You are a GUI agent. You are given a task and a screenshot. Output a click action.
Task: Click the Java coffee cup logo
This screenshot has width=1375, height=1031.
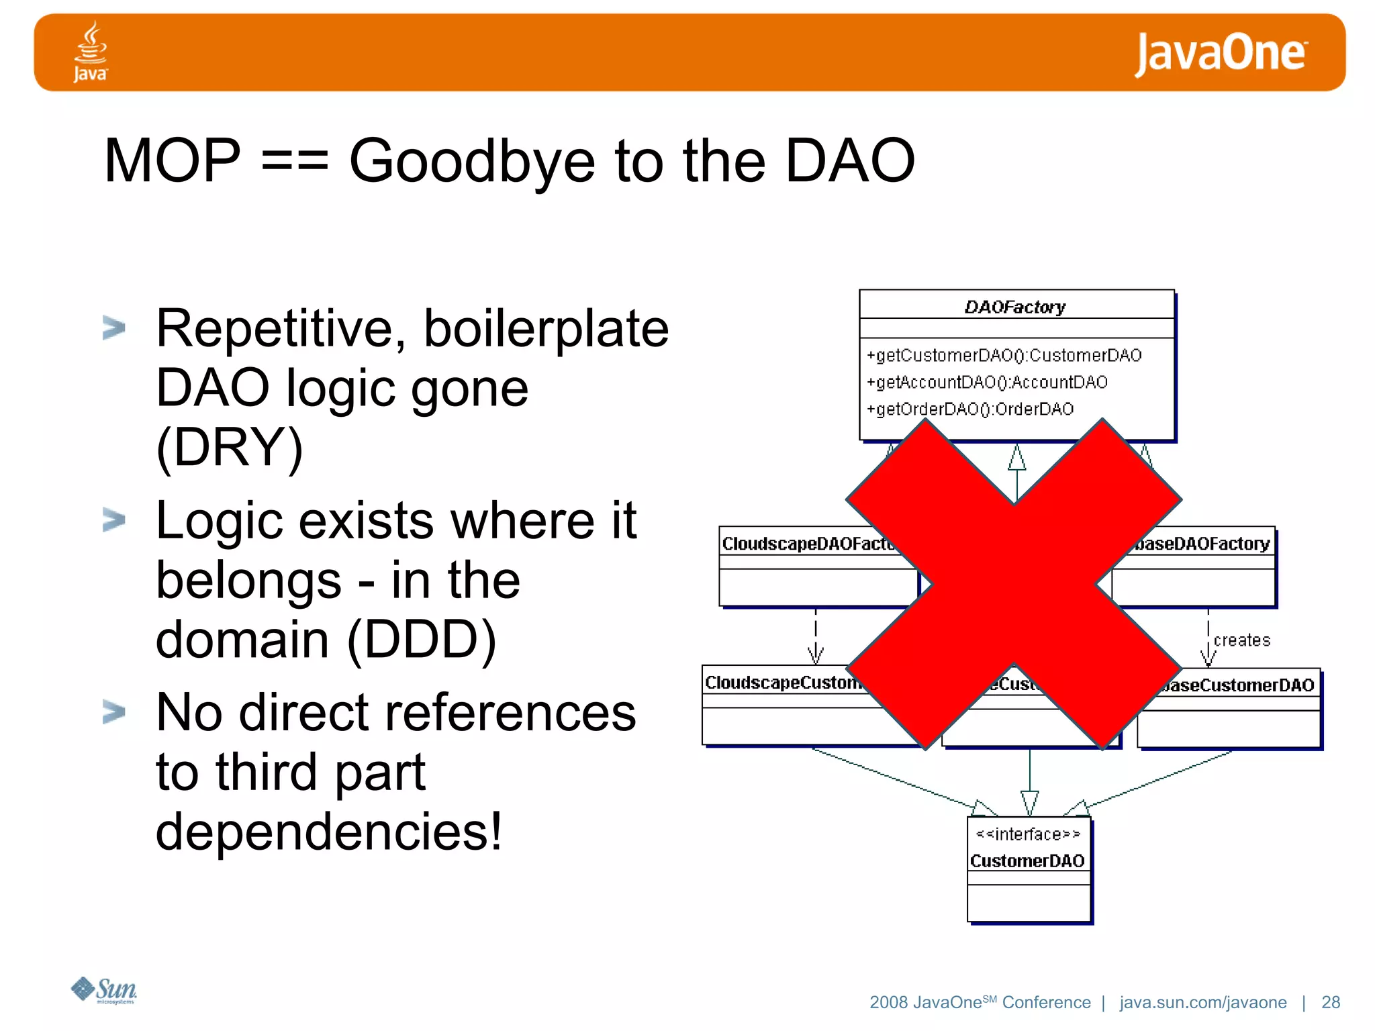(90, 50)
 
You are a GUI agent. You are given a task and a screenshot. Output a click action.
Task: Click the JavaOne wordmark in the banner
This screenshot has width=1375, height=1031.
(1221, 53)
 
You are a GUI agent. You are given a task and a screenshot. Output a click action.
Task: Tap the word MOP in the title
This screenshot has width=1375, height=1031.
(172, 161)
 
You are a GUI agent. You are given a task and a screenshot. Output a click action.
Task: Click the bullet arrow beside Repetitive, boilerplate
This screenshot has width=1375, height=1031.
(113, 328)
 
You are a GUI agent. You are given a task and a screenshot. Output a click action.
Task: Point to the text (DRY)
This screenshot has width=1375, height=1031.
(230, 447)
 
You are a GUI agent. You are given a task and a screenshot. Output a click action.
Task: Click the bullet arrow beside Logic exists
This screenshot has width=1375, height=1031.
(113, 520)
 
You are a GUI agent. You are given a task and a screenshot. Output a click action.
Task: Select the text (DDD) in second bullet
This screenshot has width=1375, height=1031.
(422, 639)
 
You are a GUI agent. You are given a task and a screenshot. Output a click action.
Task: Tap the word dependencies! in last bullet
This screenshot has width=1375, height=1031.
(328, 831)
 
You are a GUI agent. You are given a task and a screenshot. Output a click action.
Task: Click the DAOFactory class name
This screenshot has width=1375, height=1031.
(1014, 307)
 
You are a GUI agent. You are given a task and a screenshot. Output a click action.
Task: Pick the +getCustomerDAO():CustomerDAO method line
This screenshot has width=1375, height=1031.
(1004, 355)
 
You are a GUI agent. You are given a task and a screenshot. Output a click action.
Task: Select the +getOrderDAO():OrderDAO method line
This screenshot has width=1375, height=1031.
(970, 409)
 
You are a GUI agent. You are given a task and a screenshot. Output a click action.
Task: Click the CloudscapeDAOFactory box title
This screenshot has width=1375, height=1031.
(808, 543)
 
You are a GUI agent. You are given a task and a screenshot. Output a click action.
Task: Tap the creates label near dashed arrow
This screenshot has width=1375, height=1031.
(1241, 640)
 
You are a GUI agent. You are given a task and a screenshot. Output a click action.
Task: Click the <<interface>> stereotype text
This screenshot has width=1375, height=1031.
(1027, 834)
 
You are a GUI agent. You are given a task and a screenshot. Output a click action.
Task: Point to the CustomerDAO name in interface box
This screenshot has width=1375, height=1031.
(1027, 861)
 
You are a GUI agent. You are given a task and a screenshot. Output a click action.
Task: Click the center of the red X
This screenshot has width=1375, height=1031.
(1014, 584)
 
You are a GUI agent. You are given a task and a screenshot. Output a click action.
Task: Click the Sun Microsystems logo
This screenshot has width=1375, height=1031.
(104, 991)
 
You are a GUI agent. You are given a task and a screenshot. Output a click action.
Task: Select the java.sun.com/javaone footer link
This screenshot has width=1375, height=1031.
(1202, 1002)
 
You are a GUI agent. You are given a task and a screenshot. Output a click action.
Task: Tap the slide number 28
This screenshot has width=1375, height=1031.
(1330, 1002)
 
